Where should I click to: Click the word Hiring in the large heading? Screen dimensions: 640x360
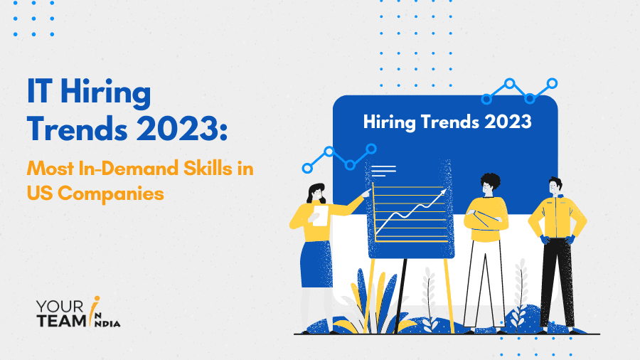pyautogui.click(x=106, y=93)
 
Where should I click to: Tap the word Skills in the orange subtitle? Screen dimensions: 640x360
pyautogui.click(x=208, y=168)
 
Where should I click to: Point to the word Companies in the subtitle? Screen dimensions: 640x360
pyautogui.click(x=111, y=193)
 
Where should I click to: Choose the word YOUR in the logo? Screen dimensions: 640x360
pyautogui.click(x=60, y=307)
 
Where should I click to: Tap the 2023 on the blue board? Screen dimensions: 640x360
pyautogui.click(x=508, y=122)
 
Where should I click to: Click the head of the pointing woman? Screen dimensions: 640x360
pyautogui.click(x=316, y=194)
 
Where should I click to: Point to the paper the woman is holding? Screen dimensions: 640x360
pyautogui.click(x=320, y=216)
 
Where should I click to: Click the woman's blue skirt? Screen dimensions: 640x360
pyautogui.click(x=316, y=264)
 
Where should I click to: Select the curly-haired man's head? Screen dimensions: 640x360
pyautogui.click(x=489, y=184)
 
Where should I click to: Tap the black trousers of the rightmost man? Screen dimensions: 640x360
pyautogui.click(x=557, y=282)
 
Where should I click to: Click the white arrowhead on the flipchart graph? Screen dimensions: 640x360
pyautogui.click(x=443, y=191)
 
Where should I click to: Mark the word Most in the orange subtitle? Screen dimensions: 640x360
pyautogui.click(x=50, y=168)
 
